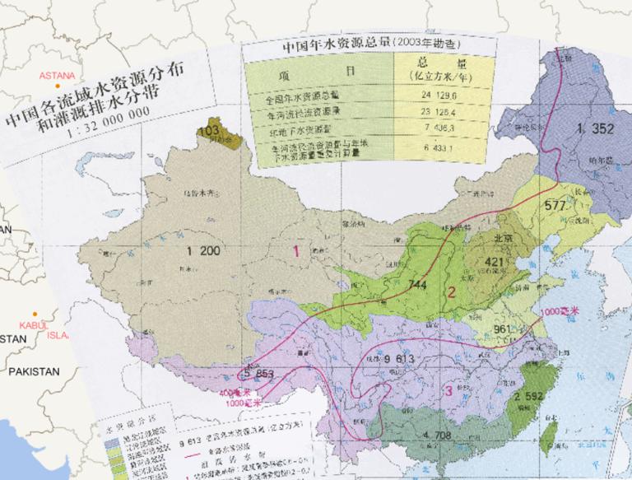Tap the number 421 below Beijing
[x=499, y=262]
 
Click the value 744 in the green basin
[x=417, y=285]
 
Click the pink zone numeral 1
[x=295, y=248]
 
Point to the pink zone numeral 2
[x=451, y=291]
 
